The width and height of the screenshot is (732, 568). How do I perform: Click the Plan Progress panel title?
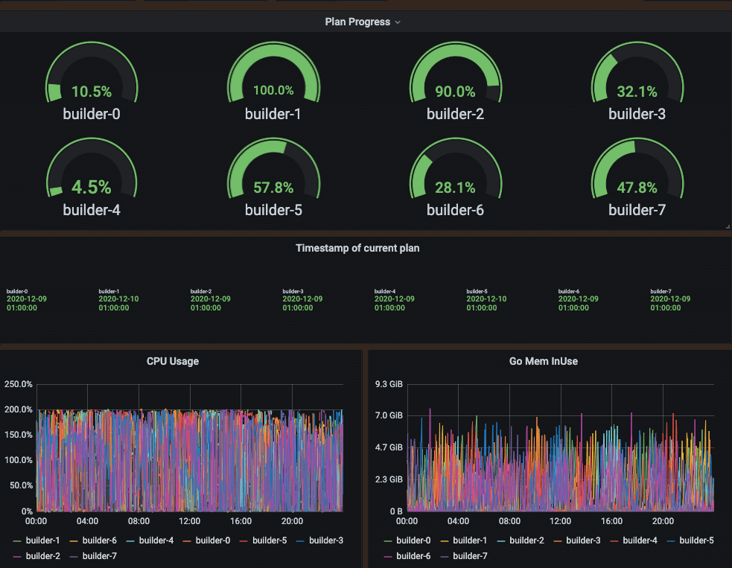(x=357, y=22)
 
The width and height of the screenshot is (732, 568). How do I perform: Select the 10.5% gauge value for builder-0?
(x=92, y=92)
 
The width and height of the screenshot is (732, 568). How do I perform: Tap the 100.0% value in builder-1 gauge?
(x=273, y=91)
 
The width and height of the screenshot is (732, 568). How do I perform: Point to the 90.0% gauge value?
(x=455, y=92)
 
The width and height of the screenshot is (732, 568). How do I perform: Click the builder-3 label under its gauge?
(x=637, y=114)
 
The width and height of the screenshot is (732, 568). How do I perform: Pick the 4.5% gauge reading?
(x=92, y=187)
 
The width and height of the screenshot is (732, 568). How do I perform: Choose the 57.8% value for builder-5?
(x=273, y=187)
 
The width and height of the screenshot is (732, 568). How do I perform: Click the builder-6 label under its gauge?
(x=455, y=210)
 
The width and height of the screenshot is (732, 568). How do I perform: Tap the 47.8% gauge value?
(x=637, y=187)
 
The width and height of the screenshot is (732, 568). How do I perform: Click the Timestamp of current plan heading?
(x=357, y=248)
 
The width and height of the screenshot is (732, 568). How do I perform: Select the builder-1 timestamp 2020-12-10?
(x=118, y=299)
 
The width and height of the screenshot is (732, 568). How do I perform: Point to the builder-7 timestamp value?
(x=670, y=303)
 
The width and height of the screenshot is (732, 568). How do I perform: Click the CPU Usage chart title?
(x=173, y=361)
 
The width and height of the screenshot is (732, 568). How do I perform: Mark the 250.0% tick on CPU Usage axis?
(x=18, y=384)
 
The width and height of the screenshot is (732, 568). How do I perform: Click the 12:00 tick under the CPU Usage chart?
(x=190, y=521)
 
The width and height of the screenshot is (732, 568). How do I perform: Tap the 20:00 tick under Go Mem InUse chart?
(x=663, y=521)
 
